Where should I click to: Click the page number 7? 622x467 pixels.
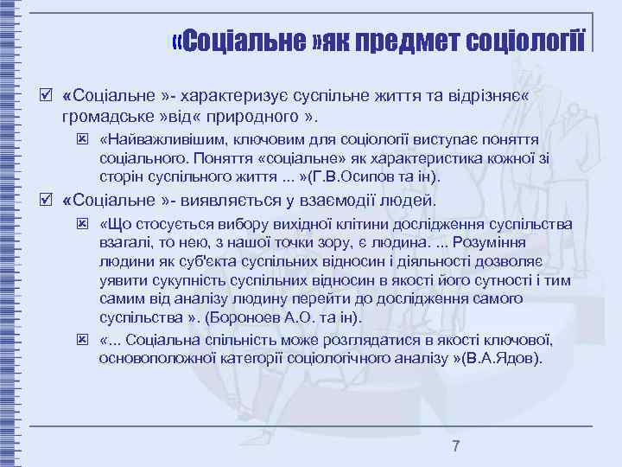pos(456,446)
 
